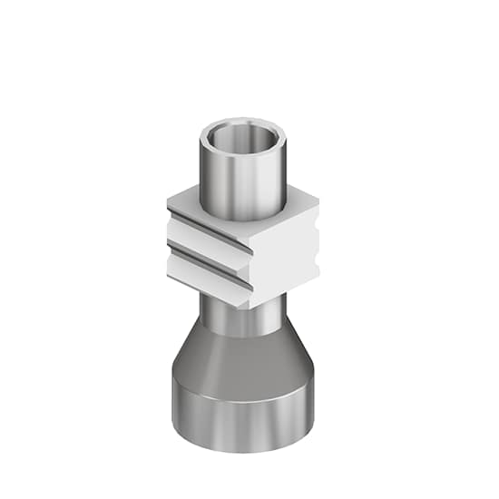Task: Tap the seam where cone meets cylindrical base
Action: pyautogui.click(x=242, y=381)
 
